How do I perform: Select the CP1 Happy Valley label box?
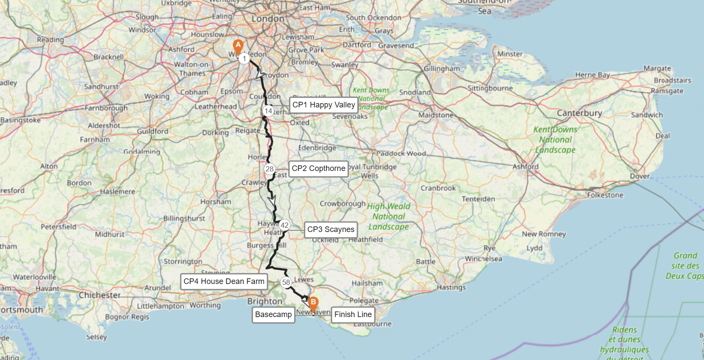click(323, 105)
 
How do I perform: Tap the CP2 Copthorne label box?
click(318, 168)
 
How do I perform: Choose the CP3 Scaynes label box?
click(331, 229)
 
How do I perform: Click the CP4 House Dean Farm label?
click(224, 281)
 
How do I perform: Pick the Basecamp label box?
click(273, 314)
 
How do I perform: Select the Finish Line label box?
click(353, 314)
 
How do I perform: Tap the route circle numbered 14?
click(268, 111)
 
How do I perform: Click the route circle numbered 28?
click(269, 169)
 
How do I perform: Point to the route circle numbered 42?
click(284, 225)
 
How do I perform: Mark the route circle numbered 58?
click(286, 282)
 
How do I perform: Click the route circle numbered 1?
click(244, 58)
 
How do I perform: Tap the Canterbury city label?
click(579, 113)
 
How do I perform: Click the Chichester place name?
click(100, 295)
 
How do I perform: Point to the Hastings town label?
click(451, 287)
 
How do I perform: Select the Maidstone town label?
click(436, 115)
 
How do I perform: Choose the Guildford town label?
click(152, 131)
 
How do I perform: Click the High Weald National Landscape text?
click(389, 217)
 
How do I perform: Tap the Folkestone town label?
click(605, 195)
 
